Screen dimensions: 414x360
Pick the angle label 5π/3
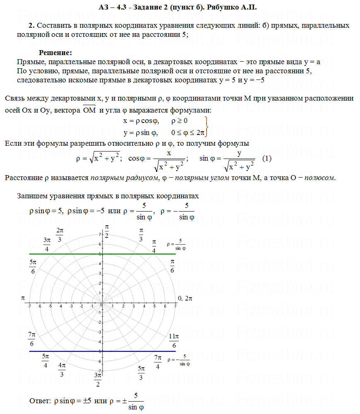142,373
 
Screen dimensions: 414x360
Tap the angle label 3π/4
47,244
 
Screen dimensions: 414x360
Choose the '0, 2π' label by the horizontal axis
185,298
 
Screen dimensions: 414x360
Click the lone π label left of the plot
23,298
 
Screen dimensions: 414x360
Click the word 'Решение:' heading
55,53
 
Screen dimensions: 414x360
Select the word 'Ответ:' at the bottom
40,401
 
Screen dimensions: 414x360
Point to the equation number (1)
267,159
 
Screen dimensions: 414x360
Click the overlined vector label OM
89,110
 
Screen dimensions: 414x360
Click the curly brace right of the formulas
206,127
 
